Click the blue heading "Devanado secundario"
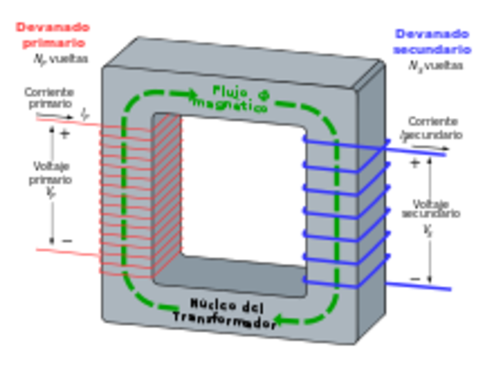tap(431, 42)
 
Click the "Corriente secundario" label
tap(431, 128)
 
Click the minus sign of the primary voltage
tap(66, 240)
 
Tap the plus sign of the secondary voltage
tap(414, 163)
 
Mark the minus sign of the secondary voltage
tap(415, 277)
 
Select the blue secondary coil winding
tap(340, 208)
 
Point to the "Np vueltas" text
tap(60, 58)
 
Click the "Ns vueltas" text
tap(436, 66)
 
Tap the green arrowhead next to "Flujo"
tap(193, 94)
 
